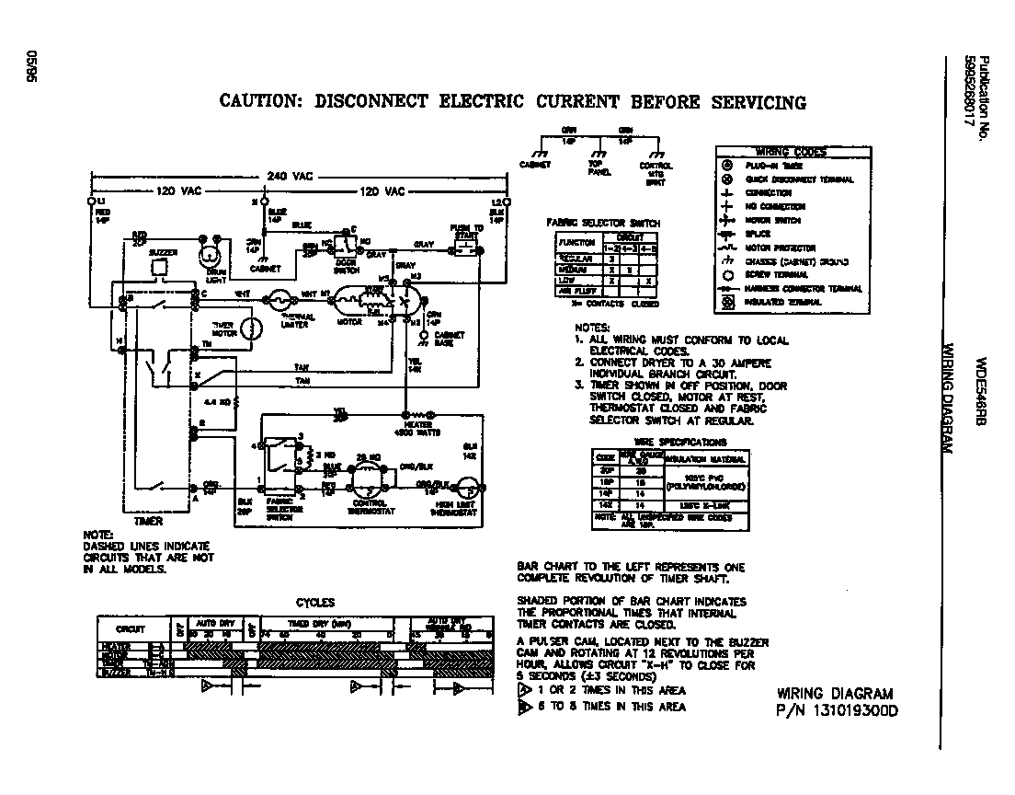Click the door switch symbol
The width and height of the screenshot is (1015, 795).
[347, 246]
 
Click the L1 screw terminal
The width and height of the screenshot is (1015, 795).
[91, 201]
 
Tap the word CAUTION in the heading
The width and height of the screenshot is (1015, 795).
[260, 102]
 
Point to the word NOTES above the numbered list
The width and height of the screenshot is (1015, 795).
[592, 328]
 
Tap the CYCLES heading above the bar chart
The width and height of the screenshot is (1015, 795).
[314, 603]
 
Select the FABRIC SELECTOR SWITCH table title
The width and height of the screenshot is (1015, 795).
[603, 224]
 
